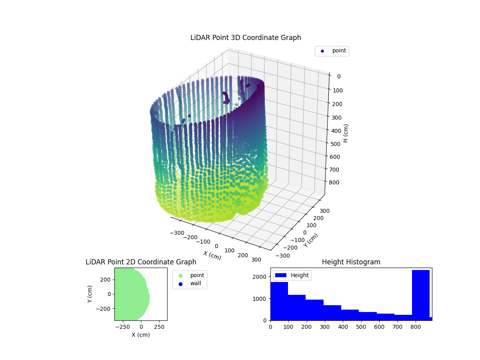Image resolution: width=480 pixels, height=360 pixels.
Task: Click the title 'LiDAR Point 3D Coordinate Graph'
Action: point(246,38)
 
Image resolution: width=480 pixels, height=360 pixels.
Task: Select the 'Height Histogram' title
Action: point(351,262)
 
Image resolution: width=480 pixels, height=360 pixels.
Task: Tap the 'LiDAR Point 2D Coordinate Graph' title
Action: point(141,262)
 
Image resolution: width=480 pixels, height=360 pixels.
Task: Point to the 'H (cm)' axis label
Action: point(346,133)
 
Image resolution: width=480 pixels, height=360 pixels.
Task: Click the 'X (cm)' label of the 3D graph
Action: point(212,255)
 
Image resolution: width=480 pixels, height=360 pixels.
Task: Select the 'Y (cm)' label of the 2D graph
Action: point(90,294)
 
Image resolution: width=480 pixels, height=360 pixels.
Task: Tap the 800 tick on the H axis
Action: point(337,182)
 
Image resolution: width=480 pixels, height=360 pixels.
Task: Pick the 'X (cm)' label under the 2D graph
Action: point(141,335)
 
